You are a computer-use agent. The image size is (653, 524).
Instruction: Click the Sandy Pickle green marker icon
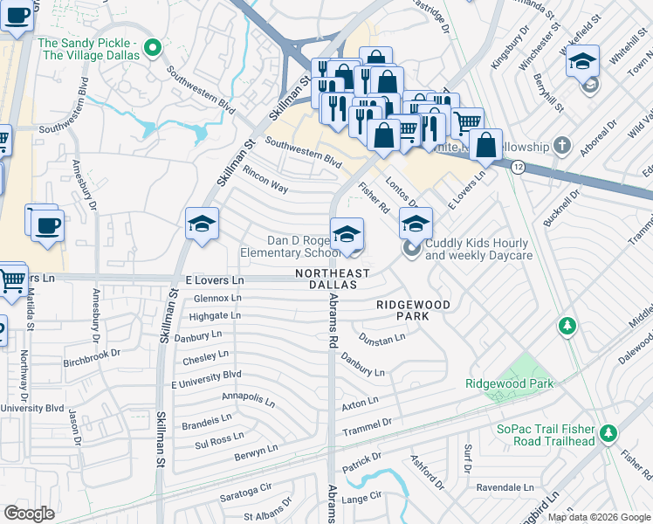[x=155, y=48]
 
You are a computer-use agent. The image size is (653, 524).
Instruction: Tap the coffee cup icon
[x=47, y=226]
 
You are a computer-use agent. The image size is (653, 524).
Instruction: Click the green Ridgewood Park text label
[x=503, y=383]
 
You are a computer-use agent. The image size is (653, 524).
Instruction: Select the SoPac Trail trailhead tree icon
[x=608, y=432]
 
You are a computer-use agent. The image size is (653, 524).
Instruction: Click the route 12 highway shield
[x=518, y=167]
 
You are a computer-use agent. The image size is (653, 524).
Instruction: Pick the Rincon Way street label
[x=265, y=181]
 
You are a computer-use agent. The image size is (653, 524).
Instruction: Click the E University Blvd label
[x=206, y=379]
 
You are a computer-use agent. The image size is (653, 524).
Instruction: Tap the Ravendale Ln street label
[x=505, y=486]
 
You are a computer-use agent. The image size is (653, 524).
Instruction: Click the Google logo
[x=30, y=514]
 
